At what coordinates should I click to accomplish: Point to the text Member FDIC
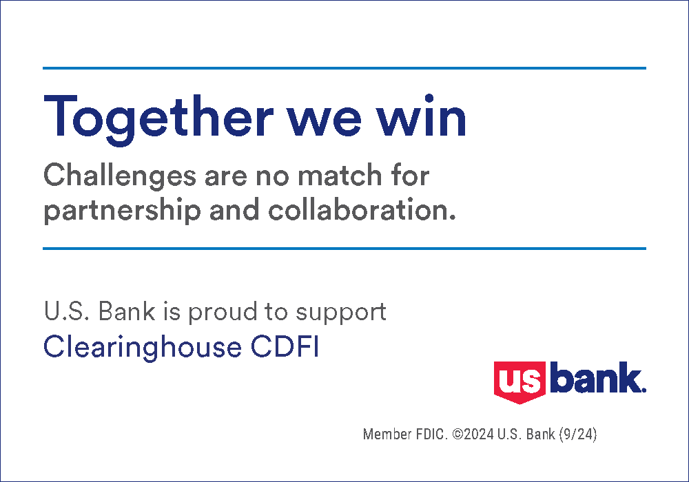pyautogui.click(x=406, y=435)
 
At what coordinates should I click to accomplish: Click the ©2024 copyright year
pyautogui.click(x=476, y=435)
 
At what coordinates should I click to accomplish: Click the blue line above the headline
pyautogui.click(x=344, y=68)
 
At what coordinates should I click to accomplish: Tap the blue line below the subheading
pyautogui.click(x=344, y=249)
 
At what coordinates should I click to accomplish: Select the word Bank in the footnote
pyautogui.click(x=541, y=435)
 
